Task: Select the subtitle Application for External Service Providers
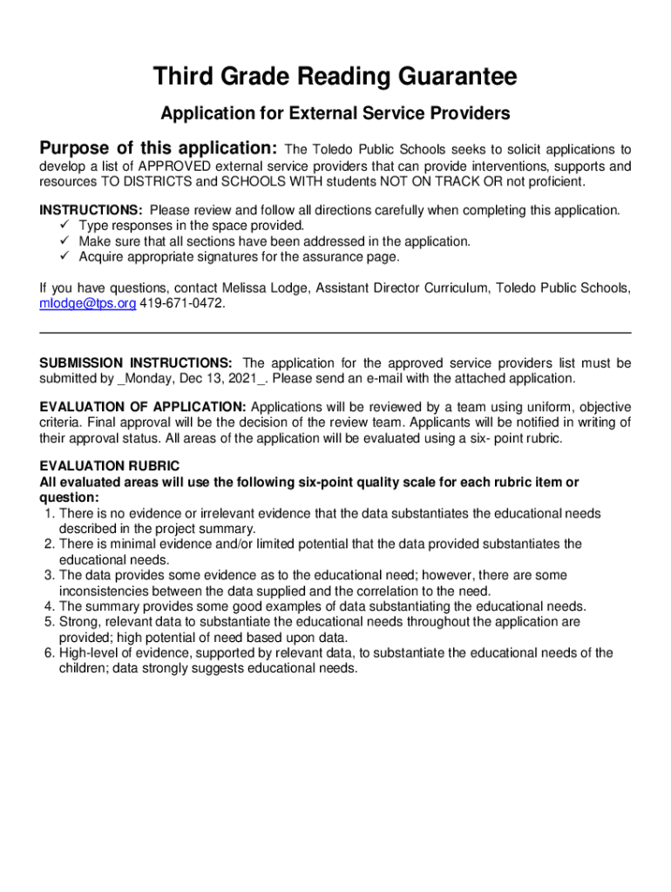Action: (x=335, y=113)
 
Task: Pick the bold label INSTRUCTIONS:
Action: (x=91, y=210)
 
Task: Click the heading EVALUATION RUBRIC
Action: (x=110, y=466)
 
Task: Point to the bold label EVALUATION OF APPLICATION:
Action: (x=144, y=407)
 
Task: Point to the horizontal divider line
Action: (x=335, y=333)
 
